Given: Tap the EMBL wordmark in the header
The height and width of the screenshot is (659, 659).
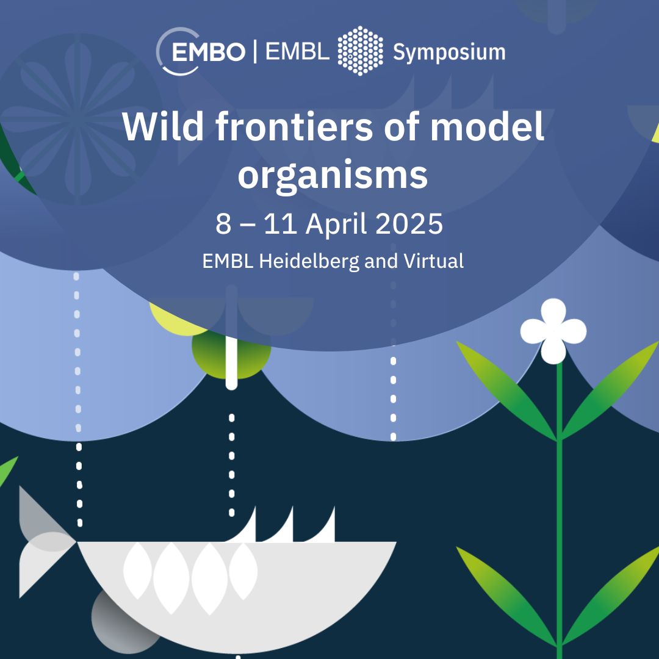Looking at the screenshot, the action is point(298,52).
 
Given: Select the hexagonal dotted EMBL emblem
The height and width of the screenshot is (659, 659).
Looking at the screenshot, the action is point(360,51).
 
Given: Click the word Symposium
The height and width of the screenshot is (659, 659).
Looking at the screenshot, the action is point(449,53).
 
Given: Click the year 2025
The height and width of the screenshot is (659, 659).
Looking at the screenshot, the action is point(409,223).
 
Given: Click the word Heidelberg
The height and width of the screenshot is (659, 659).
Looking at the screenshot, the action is point(309,261).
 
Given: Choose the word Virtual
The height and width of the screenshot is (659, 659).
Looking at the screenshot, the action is point(434,261).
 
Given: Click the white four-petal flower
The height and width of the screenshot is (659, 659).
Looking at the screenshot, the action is point(553,331).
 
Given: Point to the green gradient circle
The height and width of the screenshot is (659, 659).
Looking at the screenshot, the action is point(231,354).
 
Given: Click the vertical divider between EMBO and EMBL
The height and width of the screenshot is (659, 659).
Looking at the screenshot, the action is point(255,52).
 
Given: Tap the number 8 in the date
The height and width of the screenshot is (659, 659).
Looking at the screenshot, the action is point(223,223).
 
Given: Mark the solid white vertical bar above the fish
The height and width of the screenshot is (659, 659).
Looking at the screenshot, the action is point(232,337).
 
